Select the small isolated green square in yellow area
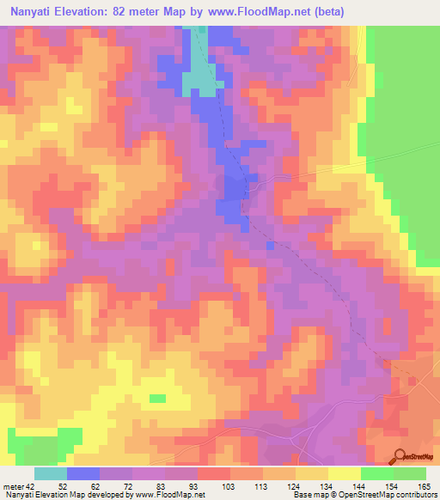pyautogui.click(x=157, y=398)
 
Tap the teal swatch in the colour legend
pyautogui.click(x=51, y=473)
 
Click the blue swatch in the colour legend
pyautogui.click(x=83, y=473)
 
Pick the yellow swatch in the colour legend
pyautogui.click(x=345, y=473)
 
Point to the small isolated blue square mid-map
pyautogui.click(x=271, y=246)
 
